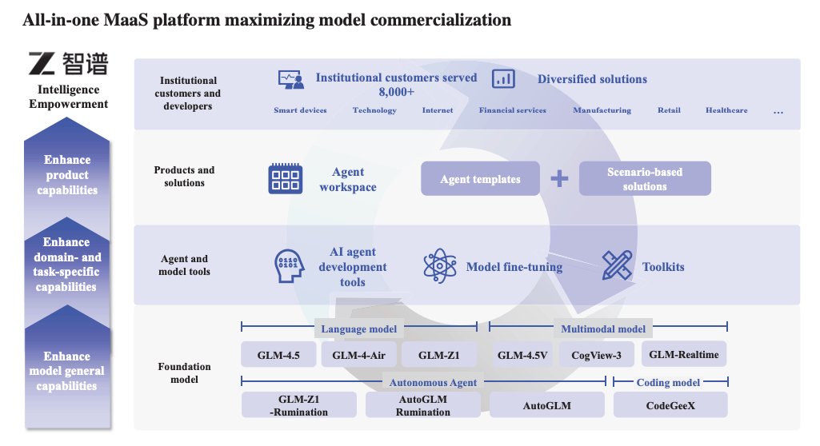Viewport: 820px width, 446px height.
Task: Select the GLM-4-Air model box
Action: tap(358, 355)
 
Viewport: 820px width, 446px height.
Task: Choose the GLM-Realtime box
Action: tap(683, 355)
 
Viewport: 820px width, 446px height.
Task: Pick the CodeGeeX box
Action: tap(670, 405)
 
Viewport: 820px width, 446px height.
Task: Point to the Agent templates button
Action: tap(480, 179)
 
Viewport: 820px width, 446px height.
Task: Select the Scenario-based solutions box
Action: tap(645, 179)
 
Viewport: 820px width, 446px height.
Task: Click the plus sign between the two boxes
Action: tap(559, 178)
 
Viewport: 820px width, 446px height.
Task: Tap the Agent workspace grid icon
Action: tap(285, 178)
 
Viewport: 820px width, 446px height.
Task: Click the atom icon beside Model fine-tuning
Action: tap(439, 265)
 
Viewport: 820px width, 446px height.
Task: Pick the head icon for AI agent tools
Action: tap(289, 266)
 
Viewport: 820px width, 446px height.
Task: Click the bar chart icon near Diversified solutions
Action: tap(503, 78)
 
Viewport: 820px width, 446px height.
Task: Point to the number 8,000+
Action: tap(397, 92)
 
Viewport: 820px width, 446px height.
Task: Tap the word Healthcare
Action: tap(726, 110)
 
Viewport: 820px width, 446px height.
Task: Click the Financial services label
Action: tap(513, 110)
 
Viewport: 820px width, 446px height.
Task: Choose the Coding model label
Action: tap(669, 382)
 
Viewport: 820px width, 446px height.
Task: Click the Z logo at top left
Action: tap(40, 64)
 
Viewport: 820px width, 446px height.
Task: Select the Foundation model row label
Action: tap(185, 373)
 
